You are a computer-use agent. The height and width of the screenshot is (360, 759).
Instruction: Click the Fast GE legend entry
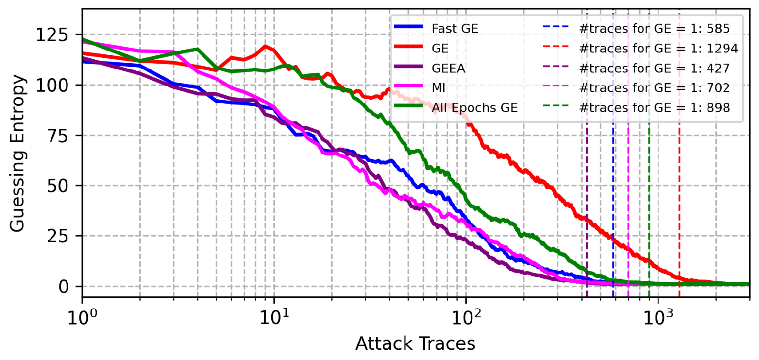coord(455,28)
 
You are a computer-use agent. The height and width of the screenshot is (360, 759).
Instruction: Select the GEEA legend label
coord(448,68)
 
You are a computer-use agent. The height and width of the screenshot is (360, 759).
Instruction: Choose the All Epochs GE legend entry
coord(474,108)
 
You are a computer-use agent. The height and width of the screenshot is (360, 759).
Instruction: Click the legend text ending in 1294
coord(659,48)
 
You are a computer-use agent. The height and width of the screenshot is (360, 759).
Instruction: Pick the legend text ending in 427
coord(655,68)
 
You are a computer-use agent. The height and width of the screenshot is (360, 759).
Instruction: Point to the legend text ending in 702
coord(655,88)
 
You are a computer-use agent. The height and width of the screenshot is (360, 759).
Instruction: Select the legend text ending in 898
coord(655,108)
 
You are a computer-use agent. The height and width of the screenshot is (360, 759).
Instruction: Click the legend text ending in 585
coord(655,28)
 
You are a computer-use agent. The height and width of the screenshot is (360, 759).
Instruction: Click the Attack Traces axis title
coord(415,343)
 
